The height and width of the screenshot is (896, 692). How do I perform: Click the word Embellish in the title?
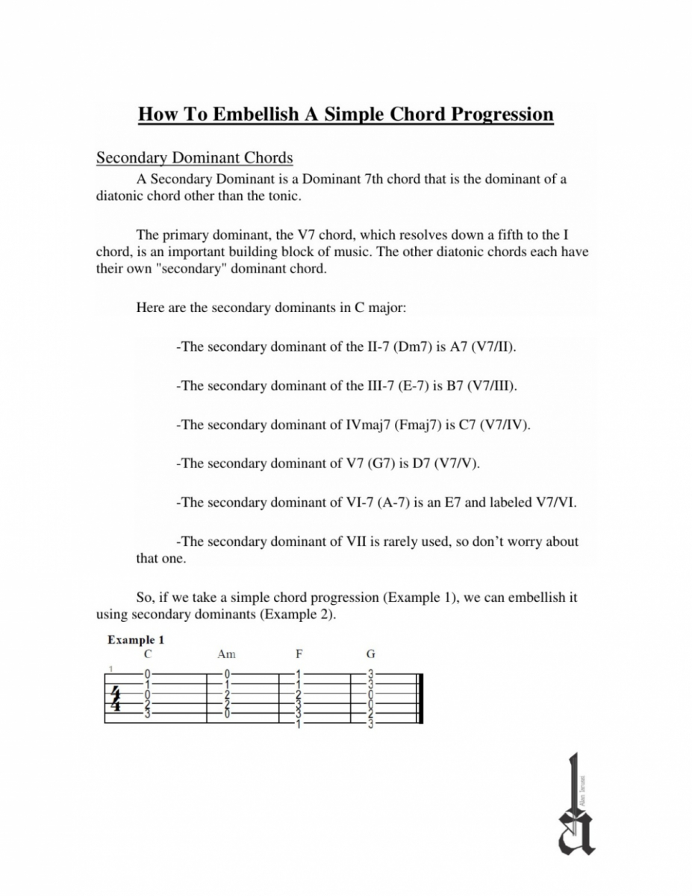[252, 114]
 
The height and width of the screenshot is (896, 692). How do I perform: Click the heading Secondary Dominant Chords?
[195, 158]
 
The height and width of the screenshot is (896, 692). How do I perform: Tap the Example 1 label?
[136, 640]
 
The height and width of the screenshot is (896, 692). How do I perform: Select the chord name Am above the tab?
[226, 654]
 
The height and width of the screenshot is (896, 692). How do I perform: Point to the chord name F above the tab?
[299, 654]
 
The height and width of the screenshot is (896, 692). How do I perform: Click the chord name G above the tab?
[370, 654]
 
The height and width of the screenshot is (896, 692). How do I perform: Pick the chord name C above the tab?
[149, 654]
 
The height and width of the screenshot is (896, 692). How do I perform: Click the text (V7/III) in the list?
[494, 387]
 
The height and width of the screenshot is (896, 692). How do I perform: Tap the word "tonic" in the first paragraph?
[284, 196]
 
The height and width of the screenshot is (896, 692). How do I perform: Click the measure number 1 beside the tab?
[110, 668]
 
